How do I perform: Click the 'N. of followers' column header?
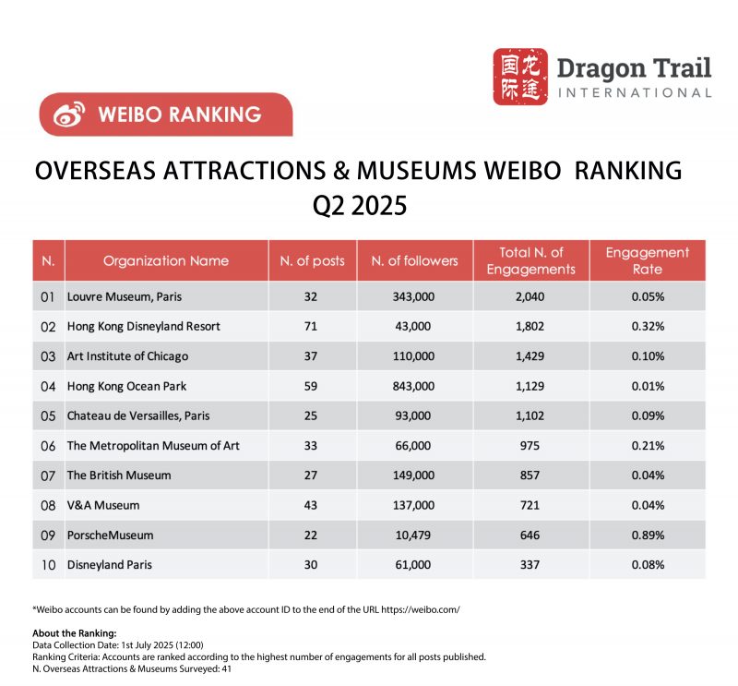click(x=414, y=260)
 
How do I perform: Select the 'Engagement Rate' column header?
click(x=647, y=260)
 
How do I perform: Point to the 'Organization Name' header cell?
click(x=166, y=260)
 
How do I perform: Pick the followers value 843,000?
click(x=414, y=386)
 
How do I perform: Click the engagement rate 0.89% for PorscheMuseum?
click(x=647, y=535)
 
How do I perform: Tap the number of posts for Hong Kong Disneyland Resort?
click(x=312, y=326)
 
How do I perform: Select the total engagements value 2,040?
click(x=530, y=296)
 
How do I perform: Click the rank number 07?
click(x=48, y=475)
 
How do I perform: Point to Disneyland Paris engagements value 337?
click(x=530, y=565)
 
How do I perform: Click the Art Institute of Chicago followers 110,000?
click(x=414, y=355)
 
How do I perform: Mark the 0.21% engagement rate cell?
click(x=647, y=445)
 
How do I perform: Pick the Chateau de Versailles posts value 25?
click(x=312, y=415)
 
